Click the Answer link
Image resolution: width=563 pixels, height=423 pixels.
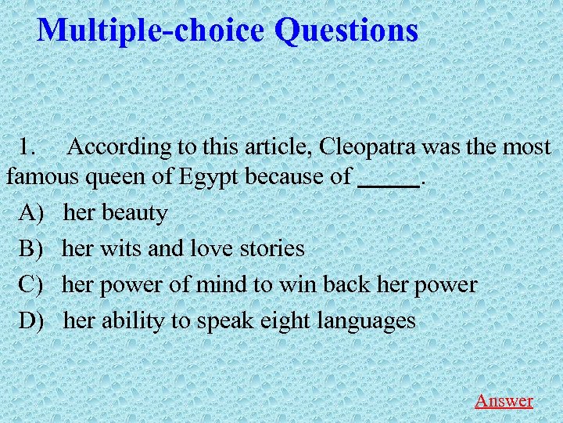coord(504,400)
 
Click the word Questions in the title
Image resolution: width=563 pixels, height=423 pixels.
coord(346,31)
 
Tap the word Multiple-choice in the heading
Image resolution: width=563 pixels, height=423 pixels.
coord(152,31)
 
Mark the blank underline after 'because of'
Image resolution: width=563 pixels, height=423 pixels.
coord(388,182)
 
